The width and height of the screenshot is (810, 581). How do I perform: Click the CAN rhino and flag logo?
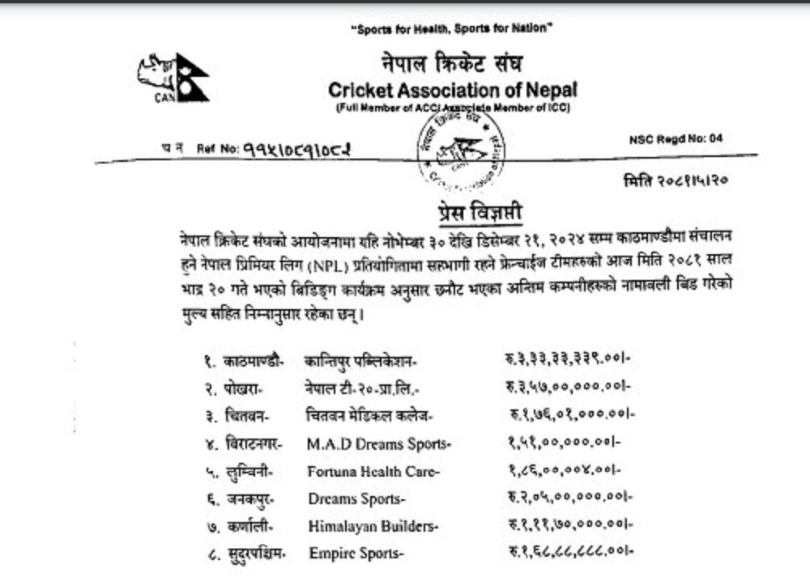[x=173, y=78]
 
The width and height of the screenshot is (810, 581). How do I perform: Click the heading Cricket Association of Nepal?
[x=453, y=90]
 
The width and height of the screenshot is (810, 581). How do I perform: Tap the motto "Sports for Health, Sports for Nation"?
[x=451, y=28]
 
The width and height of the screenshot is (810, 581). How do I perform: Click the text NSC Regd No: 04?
[x=676, y=139]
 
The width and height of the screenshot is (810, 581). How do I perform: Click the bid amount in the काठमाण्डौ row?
[x=566, y=360]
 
